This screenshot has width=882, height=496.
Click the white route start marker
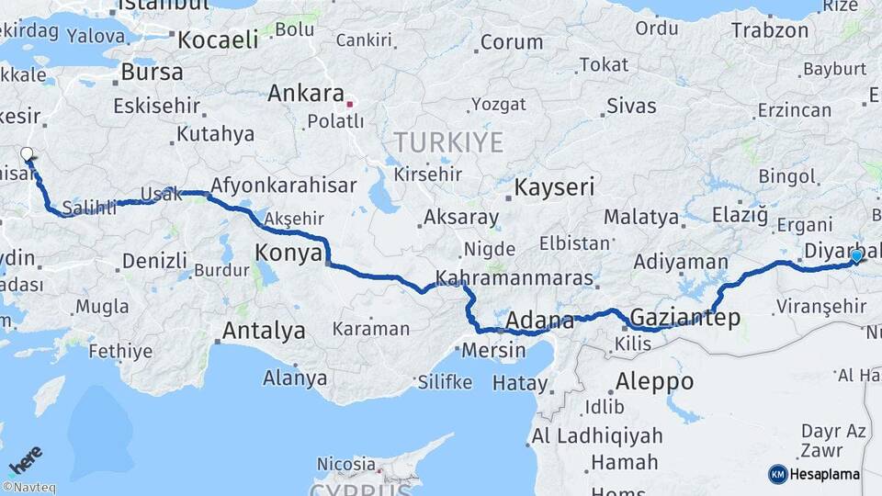click(x=27, y=154)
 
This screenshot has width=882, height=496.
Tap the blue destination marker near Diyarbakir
click(x=856, y=256)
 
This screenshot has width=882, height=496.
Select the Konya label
click(x=289, y=252)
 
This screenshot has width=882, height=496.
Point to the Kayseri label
click(x=554, y=187)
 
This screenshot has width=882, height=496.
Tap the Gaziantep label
click(x=684, y=318)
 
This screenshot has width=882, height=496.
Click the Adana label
click(x=540, y=321)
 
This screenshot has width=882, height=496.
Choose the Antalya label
click(x=264, y=331)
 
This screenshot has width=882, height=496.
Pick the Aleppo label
click(x=655, y=380)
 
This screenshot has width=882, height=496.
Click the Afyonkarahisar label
click(x=283, y=186)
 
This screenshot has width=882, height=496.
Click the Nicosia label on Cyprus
click(x=345, y=464)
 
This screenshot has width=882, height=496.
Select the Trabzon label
click(x=770, y=30)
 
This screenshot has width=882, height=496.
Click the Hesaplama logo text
click(x=824, y=475)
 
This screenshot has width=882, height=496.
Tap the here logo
click(x=26, y=458)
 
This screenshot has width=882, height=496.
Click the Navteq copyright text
click(x=28, y=488)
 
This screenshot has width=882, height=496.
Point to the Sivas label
click(x=631, y=106)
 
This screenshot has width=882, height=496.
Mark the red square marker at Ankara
click(x=349, y=104)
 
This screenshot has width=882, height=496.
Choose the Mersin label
click(x=493, y=350)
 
